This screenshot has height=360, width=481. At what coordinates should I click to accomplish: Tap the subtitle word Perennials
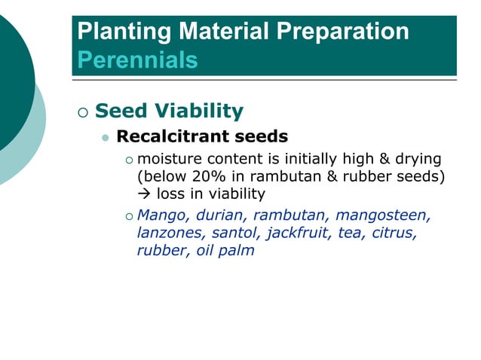pyautogui.click(x=138, y=59)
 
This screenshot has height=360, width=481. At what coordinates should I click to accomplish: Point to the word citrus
pyautogui.click(x=394, y=233)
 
